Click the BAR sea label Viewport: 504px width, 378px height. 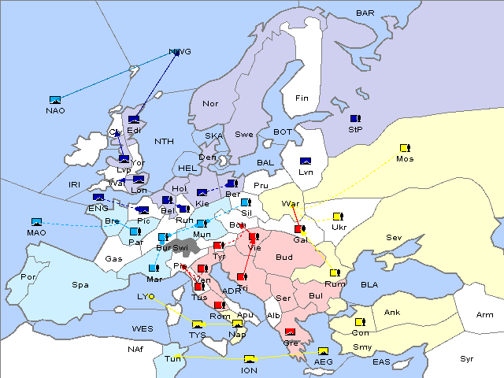pyautogui.click(x=365, y=13)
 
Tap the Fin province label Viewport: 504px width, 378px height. pyautogui.click(x=301, y=98)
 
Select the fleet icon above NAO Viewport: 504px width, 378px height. pyautogui.click(x=55, y=100)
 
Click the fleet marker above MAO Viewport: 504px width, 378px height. pyautogui.click(x=36, y=222)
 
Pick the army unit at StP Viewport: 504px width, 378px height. pyautogui.click(x=355, y=119)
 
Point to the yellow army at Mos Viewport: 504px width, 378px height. pyautogui.click(x=405, y=148)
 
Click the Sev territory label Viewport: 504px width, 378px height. pyautogui.click(x=394, y=237)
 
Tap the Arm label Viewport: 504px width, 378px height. pyautogui.click(x=485, y=315)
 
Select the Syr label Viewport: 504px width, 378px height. pyautogui.click(x=467, y=358)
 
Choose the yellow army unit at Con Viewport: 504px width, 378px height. pyautogui.click(x=360, y=322)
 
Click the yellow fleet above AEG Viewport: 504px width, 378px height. pyautogui.click(x=323, y=351)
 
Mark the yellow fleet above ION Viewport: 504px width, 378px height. pyautogui.click(x=250, y=359)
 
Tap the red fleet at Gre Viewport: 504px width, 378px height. pyautogui.click(x=291, y=332)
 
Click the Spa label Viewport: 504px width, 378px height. pyautogui.click(x=80, y=284)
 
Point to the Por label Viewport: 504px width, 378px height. pyautogui.click(x=28, y=277)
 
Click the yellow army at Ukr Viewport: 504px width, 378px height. pyautogui.click(x=338, y=217)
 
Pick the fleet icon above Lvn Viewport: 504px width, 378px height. pyautogui.click(x=306, y=161)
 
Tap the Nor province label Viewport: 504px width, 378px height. pyautogui.click(x=210, y=103)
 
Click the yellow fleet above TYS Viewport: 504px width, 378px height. pyautogui.click(x=198, y=324)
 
